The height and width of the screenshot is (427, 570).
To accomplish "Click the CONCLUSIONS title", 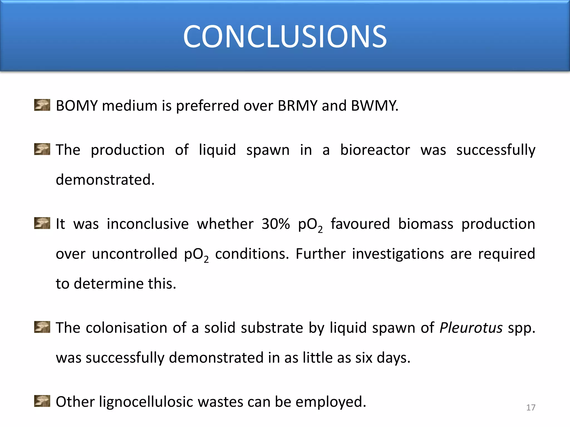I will (285, 36).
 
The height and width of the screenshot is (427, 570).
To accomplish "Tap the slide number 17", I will (531, 408).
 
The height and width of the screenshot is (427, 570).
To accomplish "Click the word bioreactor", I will (375, 150).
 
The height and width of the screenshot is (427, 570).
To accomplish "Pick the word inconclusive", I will (148, 224).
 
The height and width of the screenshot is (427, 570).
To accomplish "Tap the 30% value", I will (276, 224).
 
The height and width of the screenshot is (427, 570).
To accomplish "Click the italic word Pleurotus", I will (471, 328).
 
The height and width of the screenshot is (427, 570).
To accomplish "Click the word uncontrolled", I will (134, 254).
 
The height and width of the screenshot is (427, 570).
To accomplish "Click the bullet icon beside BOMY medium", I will (42, 105).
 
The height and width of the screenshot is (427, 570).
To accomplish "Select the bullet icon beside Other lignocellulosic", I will (42, 401).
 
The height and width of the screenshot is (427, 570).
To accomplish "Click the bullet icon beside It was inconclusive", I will (42, 223).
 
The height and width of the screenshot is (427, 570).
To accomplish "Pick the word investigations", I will (398, 254).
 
